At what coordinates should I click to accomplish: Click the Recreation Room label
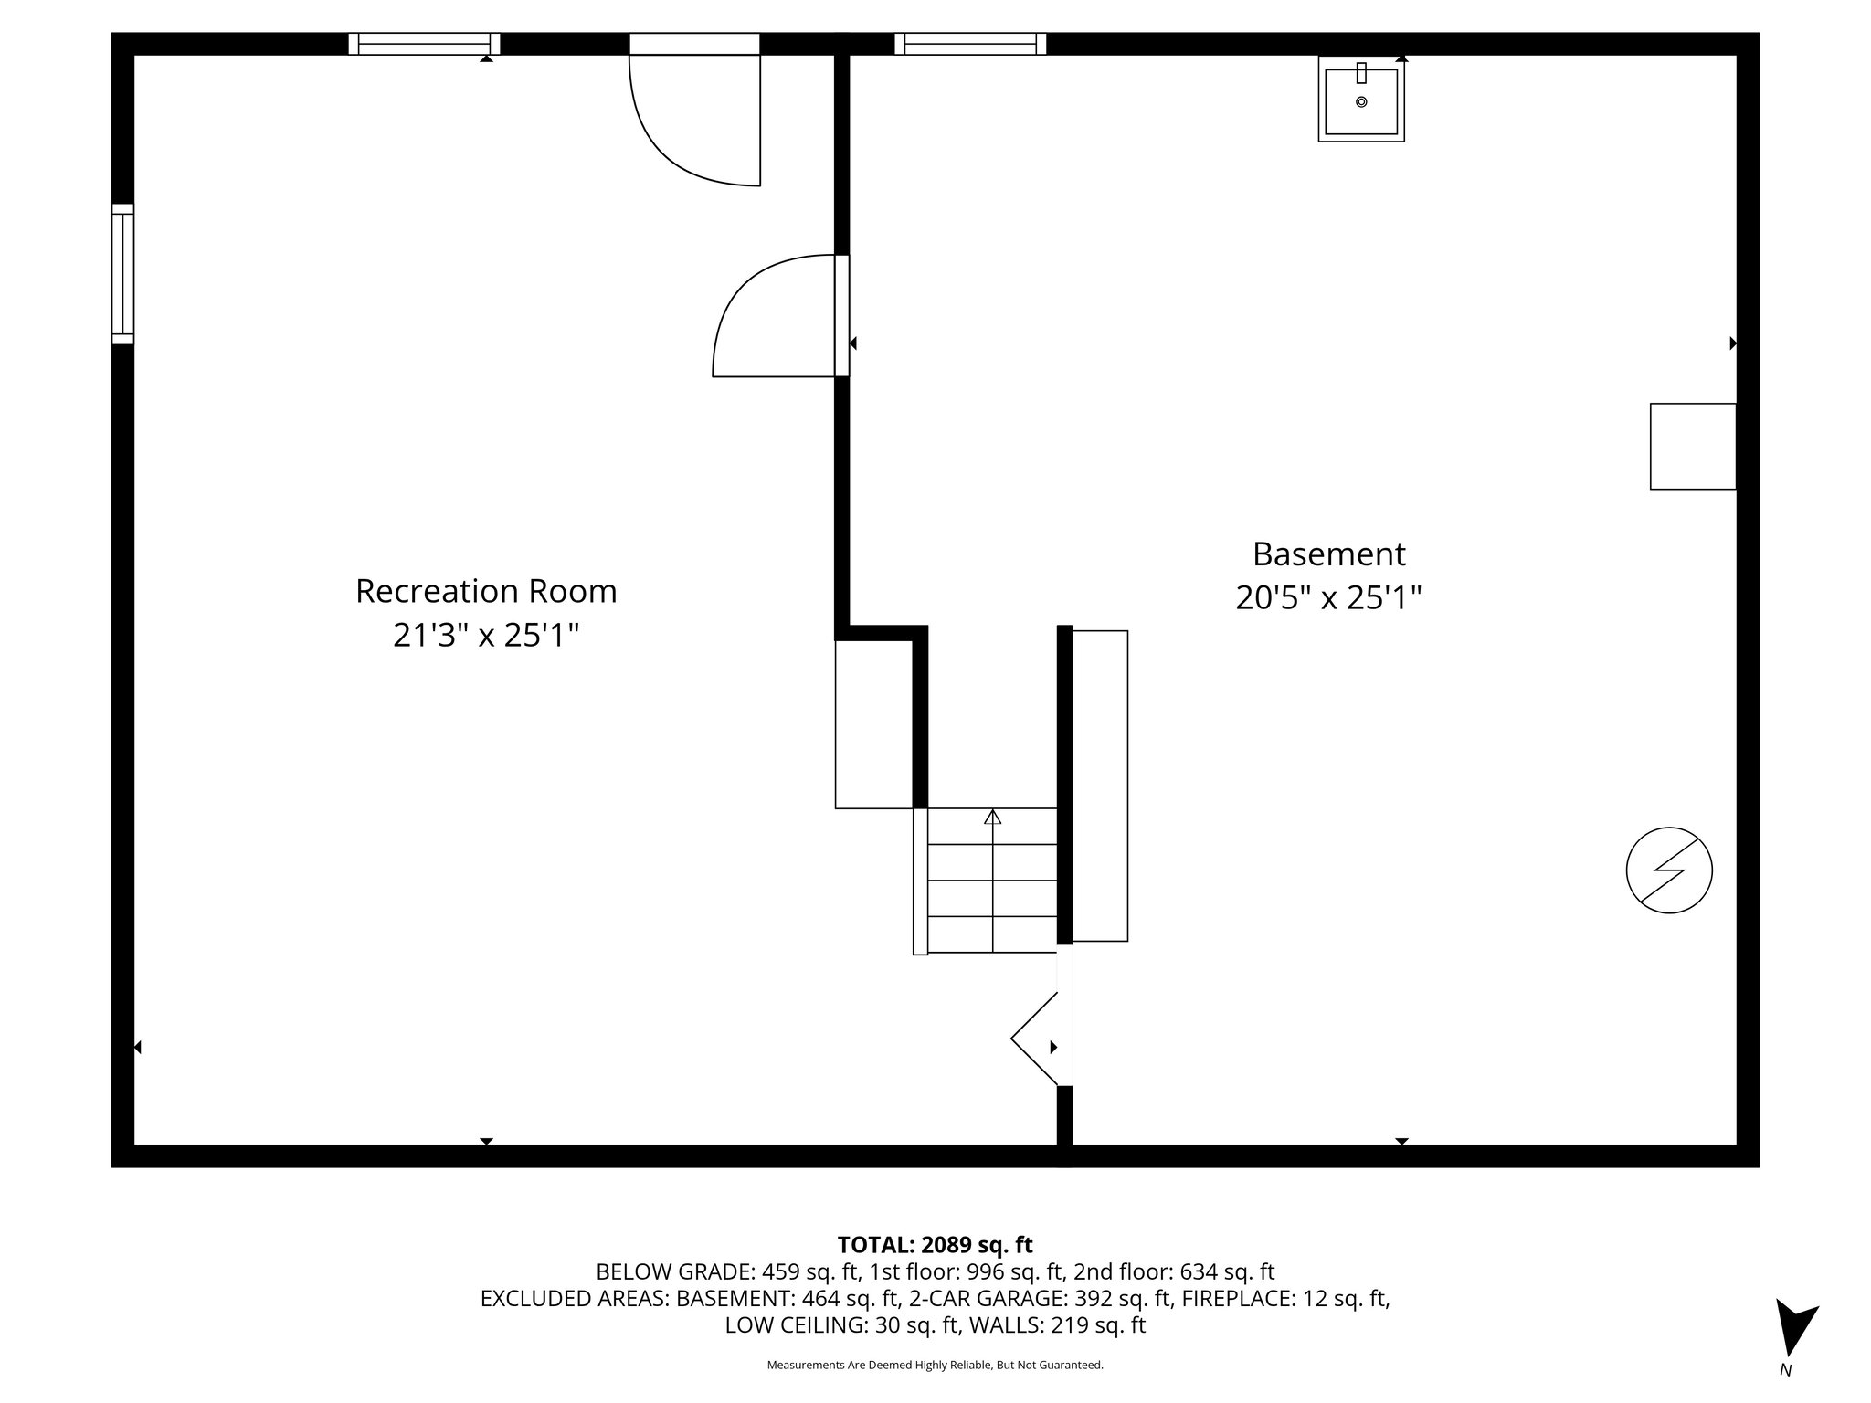click(486, 591)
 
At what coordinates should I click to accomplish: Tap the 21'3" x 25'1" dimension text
click(486, 635)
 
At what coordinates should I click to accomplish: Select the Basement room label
click(1328, 554)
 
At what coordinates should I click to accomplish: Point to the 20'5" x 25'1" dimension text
click(1328, 598)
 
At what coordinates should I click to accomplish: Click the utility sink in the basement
click(1360, 99)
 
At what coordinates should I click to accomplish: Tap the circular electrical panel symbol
click(1668, 870)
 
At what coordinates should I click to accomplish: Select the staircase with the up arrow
click(992, 881)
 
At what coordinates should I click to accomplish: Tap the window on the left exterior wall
click(122, 273)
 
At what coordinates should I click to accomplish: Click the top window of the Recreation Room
click(424, 44)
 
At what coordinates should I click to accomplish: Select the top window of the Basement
click(969, 44)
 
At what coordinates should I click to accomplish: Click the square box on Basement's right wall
click(1692, 446)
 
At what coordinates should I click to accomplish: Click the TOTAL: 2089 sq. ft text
click(935, 1244)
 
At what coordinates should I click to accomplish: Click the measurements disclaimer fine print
click(935, 1365)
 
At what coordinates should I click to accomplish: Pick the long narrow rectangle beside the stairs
click(1099, 786)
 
